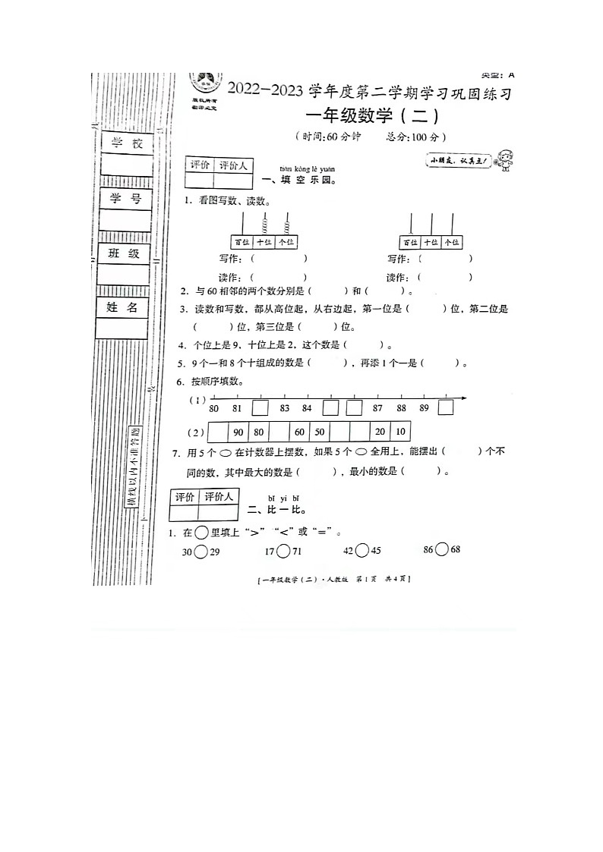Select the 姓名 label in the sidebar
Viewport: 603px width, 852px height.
coord(122,307)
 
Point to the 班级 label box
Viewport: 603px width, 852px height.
coord(124,253)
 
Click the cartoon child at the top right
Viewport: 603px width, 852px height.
coord(503,160)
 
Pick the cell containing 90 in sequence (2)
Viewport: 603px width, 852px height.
coord(238,432)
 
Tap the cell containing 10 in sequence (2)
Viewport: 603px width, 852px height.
coord(399,432)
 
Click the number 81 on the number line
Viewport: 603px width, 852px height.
coord(237,408)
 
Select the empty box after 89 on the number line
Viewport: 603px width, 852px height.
coord(446,407)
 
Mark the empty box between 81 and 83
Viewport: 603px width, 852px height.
coord(260,407)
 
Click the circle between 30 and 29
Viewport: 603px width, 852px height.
coord(200,552)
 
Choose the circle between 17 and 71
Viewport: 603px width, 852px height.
coord(283,552)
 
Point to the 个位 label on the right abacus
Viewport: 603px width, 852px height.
coord(452,242)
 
